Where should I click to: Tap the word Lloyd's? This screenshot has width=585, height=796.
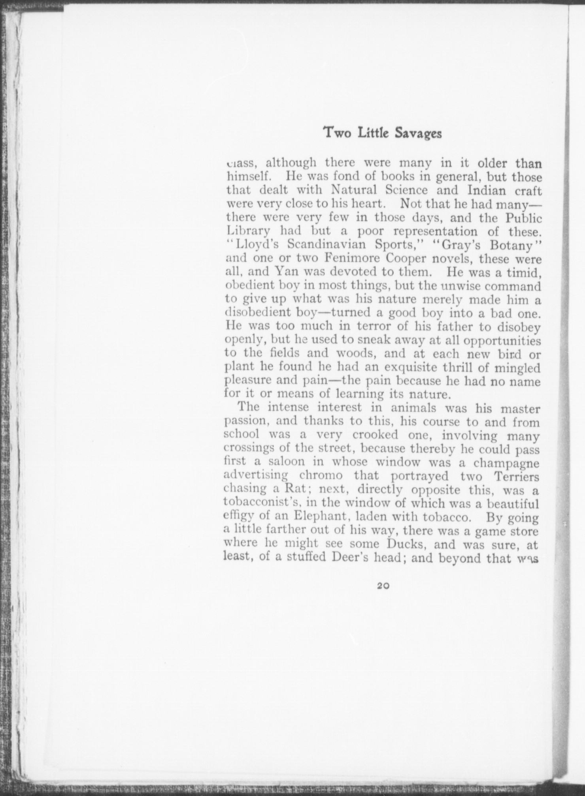(255, 244)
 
